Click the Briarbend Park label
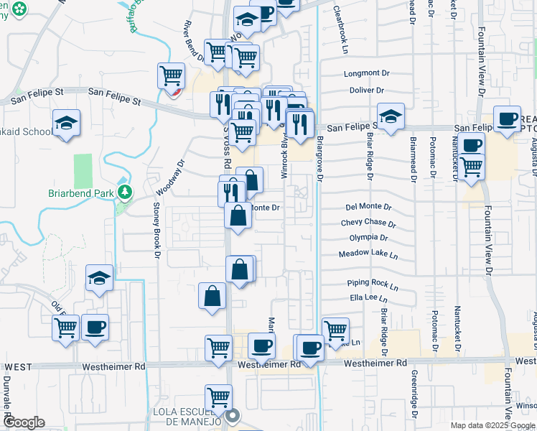[81, 193]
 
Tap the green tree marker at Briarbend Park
[126, 192]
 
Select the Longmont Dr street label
[366, 73]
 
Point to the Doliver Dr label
[366, 91]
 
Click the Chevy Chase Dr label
[368, 223]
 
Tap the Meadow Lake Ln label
[368, 254]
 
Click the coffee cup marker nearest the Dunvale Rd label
[95, 327]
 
